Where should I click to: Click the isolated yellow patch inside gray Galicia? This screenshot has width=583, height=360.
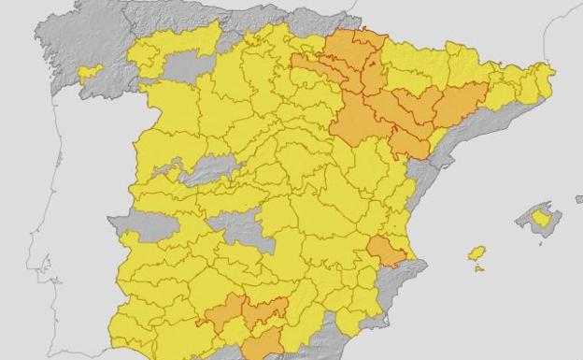[90, 71]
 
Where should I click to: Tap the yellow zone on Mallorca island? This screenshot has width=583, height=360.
[541, 219]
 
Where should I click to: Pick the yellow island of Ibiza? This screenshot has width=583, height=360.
[476, 252]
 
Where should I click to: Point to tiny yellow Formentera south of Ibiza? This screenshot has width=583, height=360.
[479, 269]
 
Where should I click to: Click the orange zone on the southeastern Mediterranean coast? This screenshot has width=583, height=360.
[384, 251]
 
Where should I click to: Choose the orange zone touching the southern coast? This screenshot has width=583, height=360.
[263, 343]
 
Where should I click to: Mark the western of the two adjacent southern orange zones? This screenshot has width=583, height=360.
[224, 311]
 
